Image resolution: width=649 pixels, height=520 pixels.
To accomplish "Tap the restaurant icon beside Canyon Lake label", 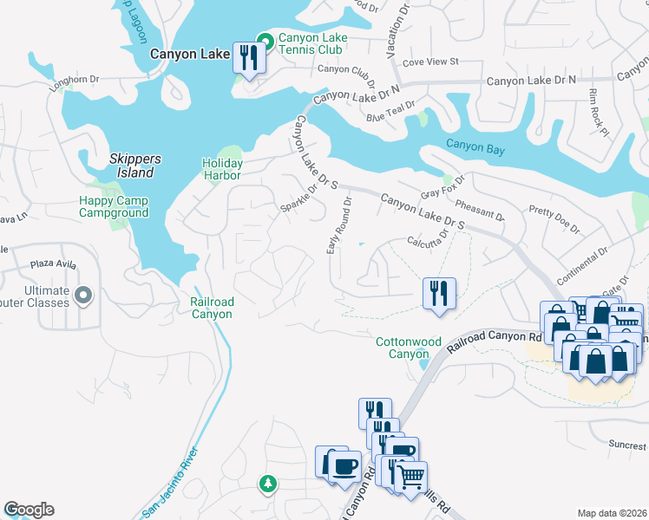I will point(250,59).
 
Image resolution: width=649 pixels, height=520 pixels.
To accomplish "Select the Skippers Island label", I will point(132,166).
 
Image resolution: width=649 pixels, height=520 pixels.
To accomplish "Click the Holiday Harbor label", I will point(222,169).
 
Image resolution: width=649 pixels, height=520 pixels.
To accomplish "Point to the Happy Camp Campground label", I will point(114,206).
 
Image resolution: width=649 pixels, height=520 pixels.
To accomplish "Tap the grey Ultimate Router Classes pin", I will point(83,296).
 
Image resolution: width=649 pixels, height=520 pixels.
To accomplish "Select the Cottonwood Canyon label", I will point(403,348).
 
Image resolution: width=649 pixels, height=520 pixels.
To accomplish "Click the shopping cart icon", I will point(411,476).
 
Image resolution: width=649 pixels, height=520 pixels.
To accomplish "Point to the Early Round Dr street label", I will point(338,225).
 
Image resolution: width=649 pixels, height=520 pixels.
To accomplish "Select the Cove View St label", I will point(429,62).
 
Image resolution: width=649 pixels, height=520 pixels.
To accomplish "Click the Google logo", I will point(28,510).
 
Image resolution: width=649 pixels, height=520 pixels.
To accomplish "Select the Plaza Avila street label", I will point(54,263).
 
